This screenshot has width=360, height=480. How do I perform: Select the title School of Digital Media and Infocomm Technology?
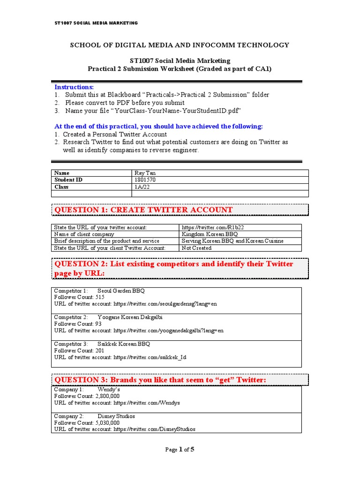[180, 45]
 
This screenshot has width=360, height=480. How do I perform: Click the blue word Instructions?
[74, 87]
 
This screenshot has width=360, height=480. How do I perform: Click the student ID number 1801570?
[144, 180]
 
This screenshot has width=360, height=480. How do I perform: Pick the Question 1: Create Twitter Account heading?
[143, 210]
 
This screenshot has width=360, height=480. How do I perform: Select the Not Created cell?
[196, 247]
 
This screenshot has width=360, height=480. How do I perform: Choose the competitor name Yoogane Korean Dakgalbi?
[130, 317]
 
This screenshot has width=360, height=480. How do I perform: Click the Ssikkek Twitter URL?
[150, 357]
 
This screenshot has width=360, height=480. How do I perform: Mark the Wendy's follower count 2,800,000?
[103, 396]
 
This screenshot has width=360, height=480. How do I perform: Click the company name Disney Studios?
[116, 416]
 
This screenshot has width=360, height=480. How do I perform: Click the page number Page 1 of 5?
[180, 450]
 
